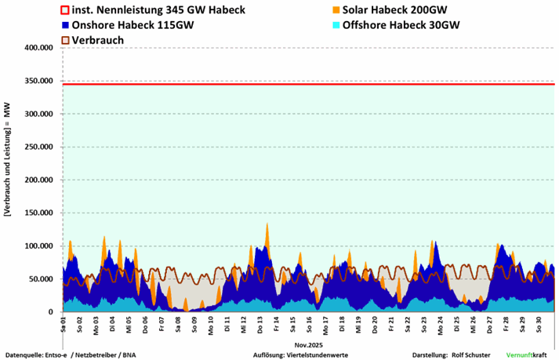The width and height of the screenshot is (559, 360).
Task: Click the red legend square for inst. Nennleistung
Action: point(66,10)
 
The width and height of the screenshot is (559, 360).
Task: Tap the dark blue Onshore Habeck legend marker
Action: point(66,25)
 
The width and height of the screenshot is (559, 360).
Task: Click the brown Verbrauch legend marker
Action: point(66,39)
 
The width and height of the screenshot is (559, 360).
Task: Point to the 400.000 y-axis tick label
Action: point(38,48)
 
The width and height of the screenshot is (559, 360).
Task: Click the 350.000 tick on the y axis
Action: point(38,81)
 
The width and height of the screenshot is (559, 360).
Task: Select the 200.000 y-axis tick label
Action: point(38,180)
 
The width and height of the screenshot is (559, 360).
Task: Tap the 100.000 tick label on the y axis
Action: point(38,246)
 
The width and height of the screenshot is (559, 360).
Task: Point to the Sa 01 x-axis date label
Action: point(64,322)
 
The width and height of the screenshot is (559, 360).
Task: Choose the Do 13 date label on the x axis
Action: point(260,322)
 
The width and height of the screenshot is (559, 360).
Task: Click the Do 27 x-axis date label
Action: point(489,322)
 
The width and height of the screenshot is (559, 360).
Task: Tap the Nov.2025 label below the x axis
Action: point(309,343)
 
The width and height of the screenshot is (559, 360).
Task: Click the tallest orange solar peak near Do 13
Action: point(267,225)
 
